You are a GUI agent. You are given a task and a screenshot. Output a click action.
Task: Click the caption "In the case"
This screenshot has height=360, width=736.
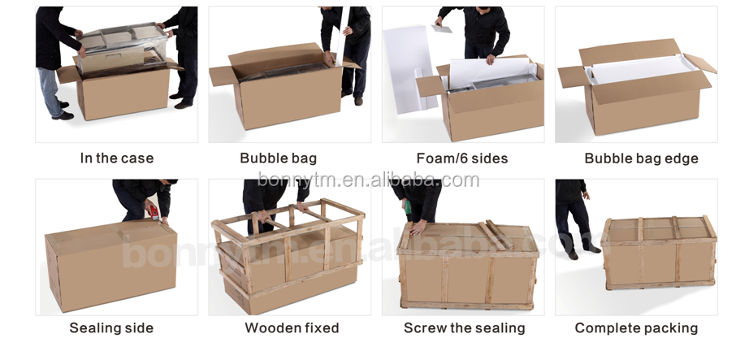pos(117,158)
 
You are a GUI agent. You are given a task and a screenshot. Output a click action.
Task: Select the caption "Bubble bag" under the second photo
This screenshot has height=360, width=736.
pos(279,158)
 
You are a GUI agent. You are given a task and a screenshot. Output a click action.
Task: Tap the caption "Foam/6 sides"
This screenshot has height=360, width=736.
pos(462,158)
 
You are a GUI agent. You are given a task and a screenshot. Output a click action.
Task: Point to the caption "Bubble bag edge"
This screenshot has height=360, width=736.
pos(641,158)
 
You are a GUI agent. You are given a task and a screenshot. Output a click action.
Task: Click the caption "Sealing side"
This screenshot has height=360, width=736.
pos(111,327)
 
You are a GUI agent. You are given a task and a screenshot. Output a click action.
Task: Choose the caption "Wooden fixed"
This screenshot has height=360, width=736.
pos(292,327)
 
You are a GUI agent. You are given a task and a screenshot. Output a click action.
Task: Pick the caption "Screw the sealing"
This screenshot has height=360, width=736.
pos(464,327)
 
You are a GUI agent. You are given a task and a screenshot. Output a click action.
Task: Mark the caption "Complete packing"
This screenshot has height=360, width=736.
pos(636,327)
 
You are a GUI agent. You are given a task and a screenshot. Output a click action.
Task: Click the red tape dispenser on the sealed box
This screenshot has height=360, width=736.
pos(154,213)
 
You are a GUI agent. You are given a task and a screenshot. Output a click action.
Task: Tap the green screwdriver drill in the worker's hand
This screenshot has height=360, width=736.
pos(408,207)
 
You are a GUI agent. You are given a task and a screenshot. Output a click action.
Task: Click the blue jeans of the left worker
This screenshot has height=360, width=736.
pos(50,92)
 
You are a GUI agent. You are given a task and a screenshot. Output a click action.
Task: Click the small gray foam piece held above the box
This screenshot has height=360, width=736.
pos(442,28)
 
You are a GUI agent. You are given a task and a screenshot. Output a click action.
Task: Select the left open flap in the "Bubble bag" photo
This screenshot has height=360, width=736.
pos(222,76)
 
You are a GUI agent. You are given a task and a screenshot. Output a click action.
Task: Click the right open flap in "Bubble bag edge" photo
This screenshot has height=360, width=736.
pos(700,63)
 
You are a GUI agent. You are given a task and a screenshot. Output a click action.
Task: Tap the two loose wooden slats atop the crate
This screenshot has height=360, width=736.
pos(497,234)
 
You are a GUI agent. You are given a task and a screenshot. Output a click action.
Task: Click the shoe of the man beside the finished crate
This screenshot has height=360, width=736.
pos(572,255)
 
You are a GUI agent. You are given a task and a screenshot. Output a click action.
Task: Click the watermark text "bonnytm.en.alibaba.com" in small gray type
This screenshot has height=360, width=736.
pos(369,180)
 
